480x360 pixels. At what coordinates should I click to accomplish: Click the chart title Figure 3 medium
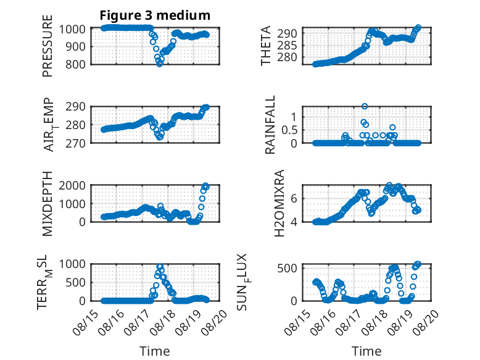point(155,15)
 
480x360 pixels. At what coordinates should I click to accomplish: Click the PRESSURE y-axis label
point(48,46)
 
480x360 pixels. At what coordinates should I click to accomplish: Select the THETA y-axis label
point(266,46)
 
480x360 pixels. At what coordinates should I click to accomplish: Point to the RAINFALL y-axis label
point(270,125)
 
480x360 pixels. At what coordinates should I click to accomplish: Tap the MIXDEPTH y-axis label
point(48,204)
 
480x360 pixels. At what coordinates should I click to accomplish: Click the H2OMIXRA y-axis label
point(279,203)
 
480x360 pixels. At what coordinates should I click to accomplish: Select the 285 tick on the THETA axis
point(287,46)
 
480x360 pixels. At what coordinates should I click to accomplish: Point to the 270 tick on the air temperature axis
point(76,143)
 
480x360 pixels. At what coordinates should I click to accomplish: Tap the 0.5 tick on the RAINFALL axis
point(289,130)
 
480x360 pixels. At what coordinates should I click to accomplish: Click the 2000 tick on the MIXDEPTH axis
point(72,185)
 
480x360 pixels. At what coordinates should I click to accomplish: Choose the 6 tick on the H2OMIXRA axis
point(294,198)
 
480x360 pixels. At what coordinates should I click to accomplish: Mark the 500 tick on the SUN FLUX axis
point(287,269)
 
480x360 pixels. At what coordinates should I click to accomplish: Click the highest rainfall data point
point(365,106)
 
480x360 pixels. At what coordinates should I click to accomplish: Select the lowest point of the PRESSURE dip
point(160,64)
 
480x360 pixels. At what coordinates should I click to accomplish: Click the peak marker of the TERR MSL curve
point(160,267)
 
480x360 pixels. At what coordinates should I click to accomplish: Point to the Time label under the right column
point(366,351)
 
